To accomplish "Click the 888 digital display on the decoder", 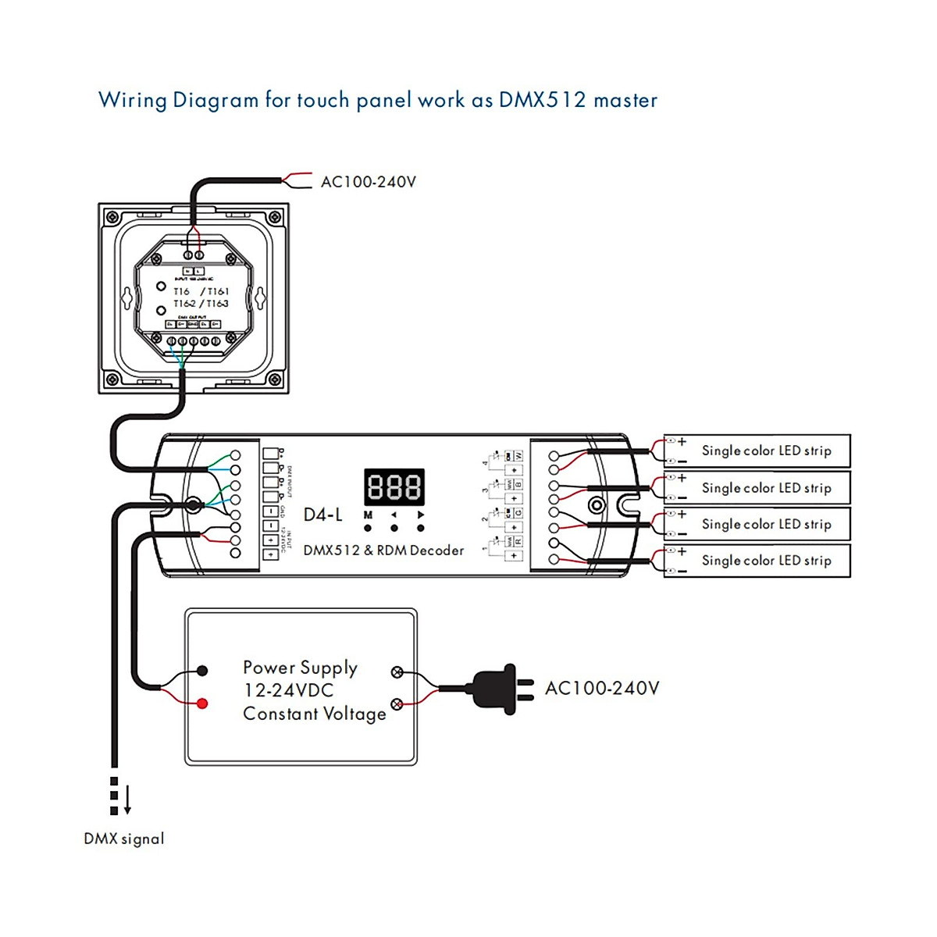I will coord(394,487).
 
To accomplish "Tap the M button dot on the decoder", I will coord(368,528).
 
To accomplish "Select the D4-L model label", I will coord(322,515).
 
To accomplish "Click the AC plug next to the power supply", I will coord(500,689).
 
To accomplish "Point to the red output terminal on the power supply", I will coord(202,704).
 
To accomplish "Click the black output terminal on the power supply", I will coord(202,670).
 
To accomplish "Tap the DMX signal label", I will coord(124,839).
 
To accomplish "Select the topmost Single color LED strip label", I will coord(766,451).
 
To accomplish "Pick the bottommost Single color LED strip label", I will coord(766,561).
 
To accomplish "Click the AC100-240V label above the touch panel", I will coord(369,182).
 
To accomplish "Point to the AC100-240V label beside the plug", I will coord(602,688).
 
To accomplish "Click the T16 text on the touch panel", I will coord(181,291).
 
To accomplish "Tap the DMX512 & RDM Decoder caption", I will coord(383,550).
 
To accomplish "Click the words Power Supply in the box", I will coord(300,668).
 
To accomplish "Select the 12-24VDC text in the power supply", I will coord(288,690).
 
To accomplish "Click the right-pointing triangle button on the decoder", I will coord(421,515).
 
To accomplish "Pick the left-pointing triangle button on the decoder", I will coord(394,515).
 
